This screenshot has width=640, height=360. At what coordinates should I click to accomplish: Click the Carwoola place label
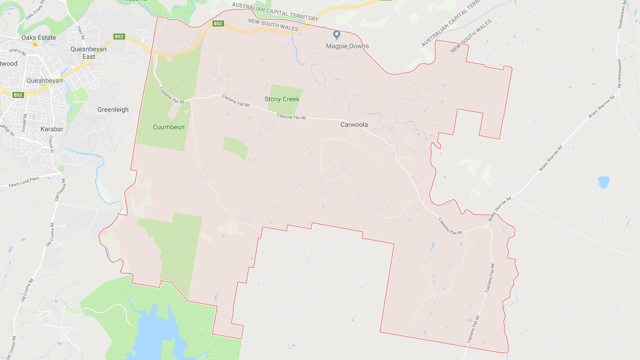point(354,124)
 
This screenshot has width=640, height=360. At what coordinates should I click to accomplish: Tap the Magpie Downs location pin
point(337,34)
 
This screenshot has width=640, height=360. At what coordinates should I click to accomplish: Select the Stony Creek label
point(282,99)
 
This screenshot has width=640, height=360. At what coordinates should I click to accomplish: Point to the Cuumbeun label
point(168,127)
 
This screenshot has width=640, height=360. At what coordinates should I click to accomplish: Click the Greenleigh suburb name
point(113,109)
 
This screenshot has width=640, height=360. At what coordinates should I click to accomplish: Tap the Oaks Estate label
point(38,37)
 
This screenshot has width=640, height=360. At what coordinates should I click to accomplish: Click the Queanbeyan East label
point(88,53)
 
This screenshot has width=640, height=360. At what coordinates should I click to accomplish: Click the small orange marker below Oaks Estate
point(35,44)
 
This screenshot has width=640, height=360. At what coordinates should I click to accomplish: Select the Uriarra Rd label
point(17,50)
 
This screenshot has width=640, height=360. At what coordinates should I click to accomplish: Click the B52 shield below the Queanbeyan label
point(18,95)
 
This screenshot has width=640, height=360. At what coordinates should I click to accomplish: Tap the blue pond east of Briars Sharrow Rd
point(603,181)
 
